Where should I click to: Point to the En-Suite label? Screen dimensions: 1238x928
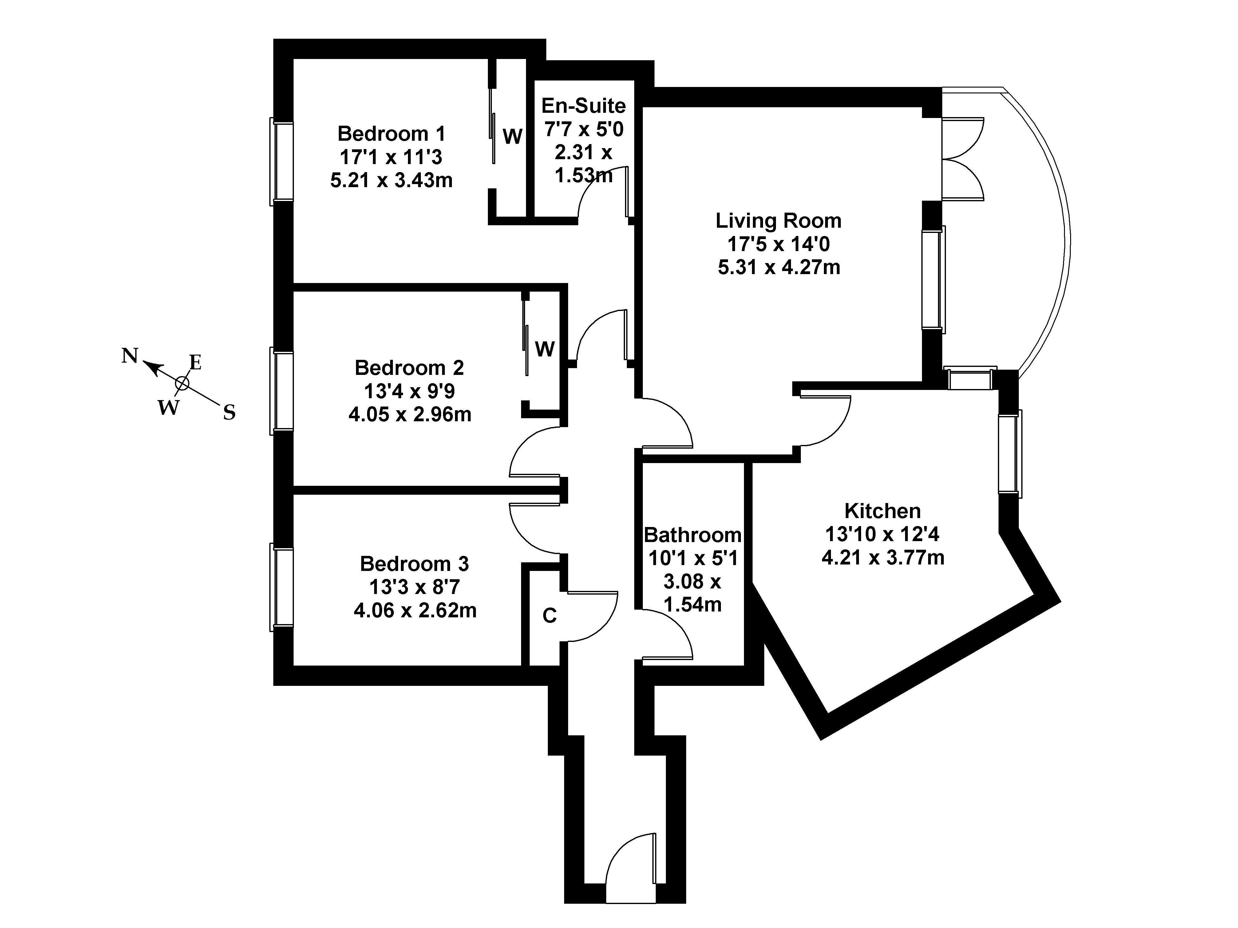[x=583, y=106]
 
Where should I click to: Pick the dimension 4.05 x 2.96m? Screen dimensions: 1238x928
[x=410, y=415]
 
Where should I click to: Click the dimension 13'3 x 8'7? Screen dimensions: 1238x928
[x=414, y=587]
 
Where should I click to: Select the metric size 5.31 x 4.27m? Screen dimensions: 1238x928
[x=778, y=267]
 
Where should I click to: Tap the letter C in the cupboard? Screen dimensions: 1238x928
[x=550, y=616]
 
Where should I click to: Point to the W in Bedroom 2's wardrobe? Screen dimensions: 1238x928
[x=544, y=349]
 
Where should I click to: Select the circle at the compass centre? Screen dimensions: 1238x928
[x=182, y=383]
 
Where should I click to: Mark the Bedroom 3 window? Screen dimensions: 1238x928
[x=282, y=587]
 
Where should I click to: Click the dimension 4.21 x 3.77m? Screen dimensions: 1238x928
[x=883, y=558]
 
